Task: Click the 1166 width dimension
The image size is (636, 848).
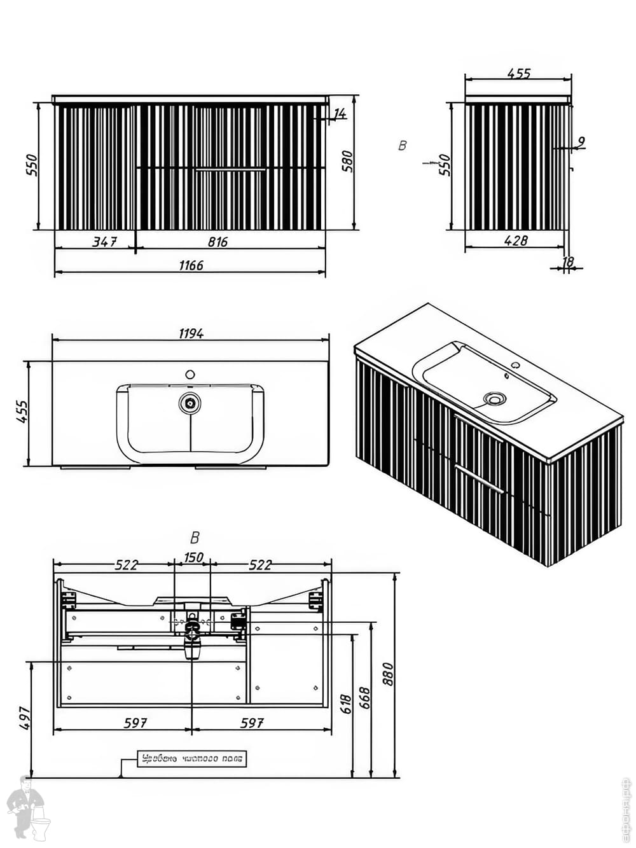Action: click(x=191, y=265)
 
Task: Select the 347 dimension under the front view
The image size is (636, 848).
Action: click(x=104, y=241)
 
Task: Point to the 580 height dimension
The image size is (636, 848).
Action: click(x=347, y=163)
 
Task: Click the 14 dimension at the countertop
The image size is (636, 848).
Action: click(x=340, y=114)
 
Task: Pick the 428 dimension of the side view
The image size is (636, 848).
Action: click(x=515, y=240)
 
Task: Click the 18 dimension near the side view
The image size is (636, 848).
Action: click(x=568, y=261)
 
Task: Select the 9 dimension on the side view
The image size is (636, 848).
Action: click(x=581, y=141)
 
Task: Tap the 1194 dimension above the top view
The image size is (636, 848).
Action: click(x=191, y=333)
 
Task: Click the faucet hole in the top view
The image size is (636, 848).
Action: click(x=190, y=375)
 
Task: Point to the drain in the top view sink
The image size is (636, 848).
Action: click(x=190, y=402)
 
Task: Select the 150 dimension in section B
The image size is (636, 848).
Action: click(x=193, y=557)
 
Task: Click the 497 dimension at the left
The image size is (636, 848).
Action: click(x=25, y=718)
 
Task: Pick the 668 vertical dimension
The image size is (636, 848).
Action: click(x=364, y=700)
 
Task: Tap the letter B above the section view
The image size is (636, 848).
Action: click(x=195, y=538)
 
